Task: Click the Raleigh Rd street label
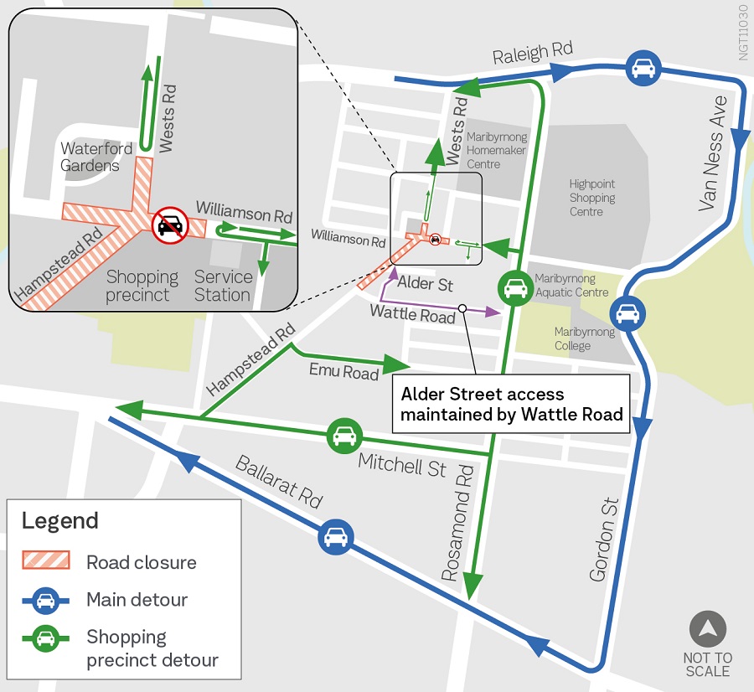[x=532, y=54]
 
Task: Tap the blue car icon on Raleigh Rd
[x=643, y=69]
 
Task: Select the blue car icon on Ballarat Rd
[x=335, y=536]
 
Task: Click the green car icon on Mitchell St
[x=343, y=436]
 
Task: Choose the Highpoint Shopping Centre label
[x=591, y=198]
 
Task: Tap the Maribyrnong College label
[x=584, y=338]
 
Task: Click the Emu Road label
[x=343, y=371]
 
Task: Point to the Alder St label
[x=425, y=284]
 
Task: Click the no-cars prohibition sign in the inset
[x=170, y=224]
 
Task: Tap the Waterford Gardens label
[x=96, y=157]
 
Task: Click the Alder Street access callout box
[x=510, y=404]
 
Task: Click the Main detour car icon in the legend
[x=45, y=600]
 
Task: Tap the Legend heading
[x=59, y=520]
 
